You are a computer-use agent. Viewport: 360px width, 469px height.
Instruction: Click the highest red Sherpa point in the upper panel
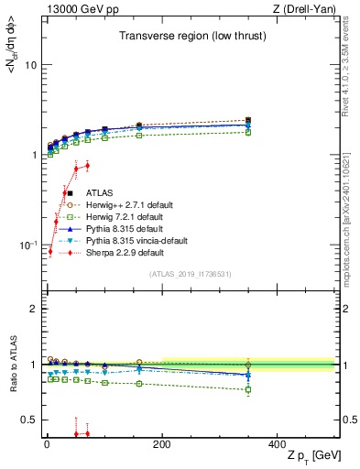tap(87, 165)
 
